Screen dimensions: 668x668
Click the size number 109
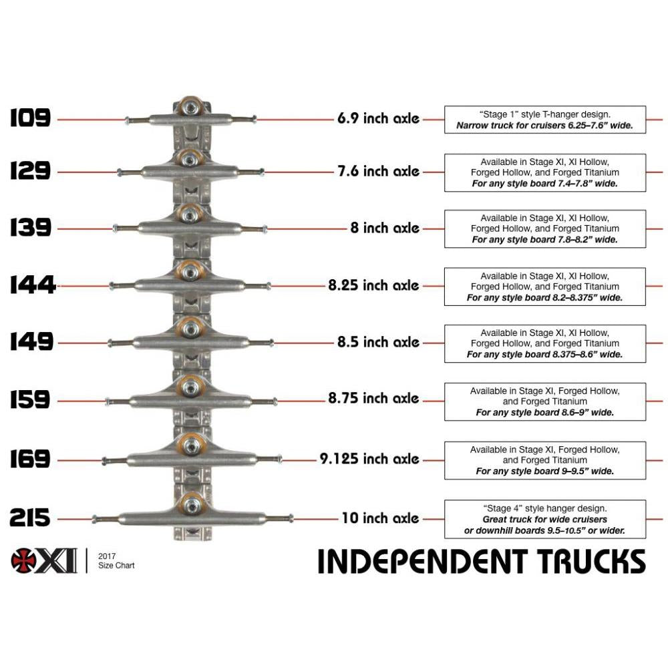30,119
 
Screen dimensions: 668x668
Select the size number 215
30,518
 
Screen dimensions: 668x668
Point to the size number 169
30,460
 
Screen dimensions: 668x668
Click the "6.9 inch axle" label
378,119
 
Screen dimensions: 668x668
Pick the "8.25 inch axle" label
373,286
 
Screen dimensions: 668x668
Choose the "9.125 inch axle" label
369,460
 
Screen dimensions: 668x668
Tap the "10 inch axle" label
380,518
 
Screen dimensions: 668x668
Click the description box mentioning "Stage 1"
544,120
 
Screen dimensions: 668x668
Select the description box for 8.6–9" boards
544,401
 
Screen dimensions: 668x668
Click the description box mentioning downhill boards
544,519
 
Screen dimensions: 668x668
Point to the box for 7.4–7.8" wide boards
544,172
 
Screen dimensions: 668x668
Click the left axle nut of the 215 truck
96,519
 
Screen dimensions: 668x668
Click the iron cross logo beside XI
25,560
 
